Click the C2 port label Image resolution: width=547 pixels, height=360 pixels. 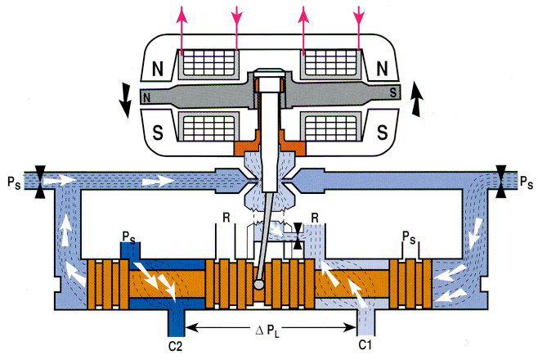coord(175,346)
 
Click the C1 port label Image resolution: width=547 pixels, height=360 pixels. coord(365,345)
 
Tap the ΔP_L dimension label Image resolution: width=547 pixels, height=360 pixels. coord(267,330)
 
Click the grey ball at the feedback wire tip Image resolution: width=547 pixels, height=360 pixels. coord(259,284)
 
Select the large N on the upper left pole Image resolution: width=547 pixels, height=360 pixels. coord(158,69)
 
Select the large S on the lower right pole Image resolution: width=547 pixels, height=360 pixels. coord(383,132)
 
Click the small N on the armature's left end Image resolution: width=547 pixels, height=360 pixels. coord(146,97)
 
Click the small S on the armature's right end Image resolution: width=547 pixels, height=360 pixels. coord(393,92)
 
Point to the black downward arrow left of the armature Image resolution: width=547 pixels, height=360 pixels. coord(125,101)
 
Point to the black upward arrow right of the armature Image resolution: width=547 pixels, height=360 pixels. coord(416,98)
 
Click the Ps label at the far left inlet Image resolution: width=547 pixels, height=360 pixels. coord(14,183)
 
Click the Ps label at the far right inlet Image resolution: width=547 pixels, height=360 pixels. coord(527,182)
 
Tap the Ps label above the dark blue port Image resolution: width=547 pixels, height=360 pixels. coord(128,236)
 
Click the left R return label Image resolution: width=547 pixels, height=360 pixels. coord(226,218)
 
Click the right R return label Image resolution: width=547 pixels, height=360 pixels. coord(315,218)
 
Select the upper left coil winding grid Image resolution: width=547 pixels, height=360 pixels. coord(208,62)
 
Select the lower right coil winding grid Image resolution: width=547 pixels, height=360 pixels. coord(330,127)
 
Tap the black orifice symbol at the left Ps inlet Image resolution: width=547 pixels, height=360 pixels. coord(40,182)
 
